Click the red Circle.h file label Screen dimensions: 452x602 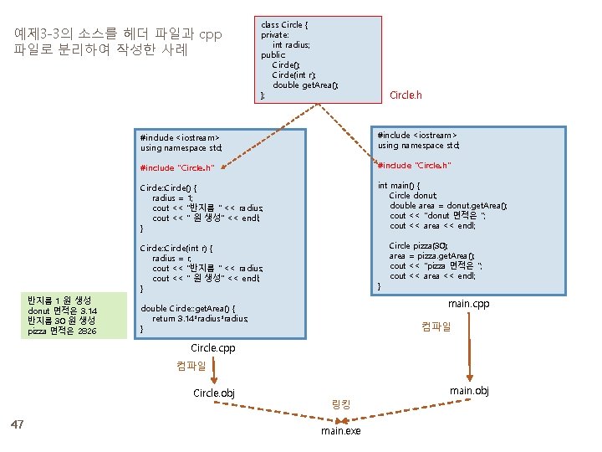(x=406, y=95)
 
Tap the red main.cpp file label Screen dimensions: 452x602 (x=468, y=303)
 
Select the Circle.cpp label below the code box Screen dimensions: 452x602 (x=212, y=347)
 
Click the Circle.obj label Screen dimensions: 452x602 (x=213, y=393)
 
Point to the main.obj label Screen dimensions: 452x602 (x=468, y=391)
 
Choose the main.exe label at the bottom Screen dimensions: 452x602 (x=340, y=431)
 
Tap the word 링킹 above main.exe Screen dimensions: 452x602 (x=341, y=404)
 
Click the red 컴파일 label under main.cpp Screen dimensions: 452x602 (x=436, y=326)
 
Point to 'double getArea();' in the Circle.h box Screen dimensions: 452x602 (x=305, y=85)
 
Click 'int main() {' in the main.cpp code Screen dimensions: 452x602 (x=400, y=185)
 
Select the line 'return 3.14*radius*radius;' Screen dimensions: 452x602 (x=200, y=318)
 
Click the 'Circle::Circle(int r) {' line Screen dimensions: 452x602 (x=176, y=249)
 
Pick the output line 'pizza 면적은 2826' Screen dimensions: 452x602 (x=62, y=331)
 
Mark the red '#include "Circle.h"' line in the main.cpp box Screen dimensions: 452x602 (x=415, y=165)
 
